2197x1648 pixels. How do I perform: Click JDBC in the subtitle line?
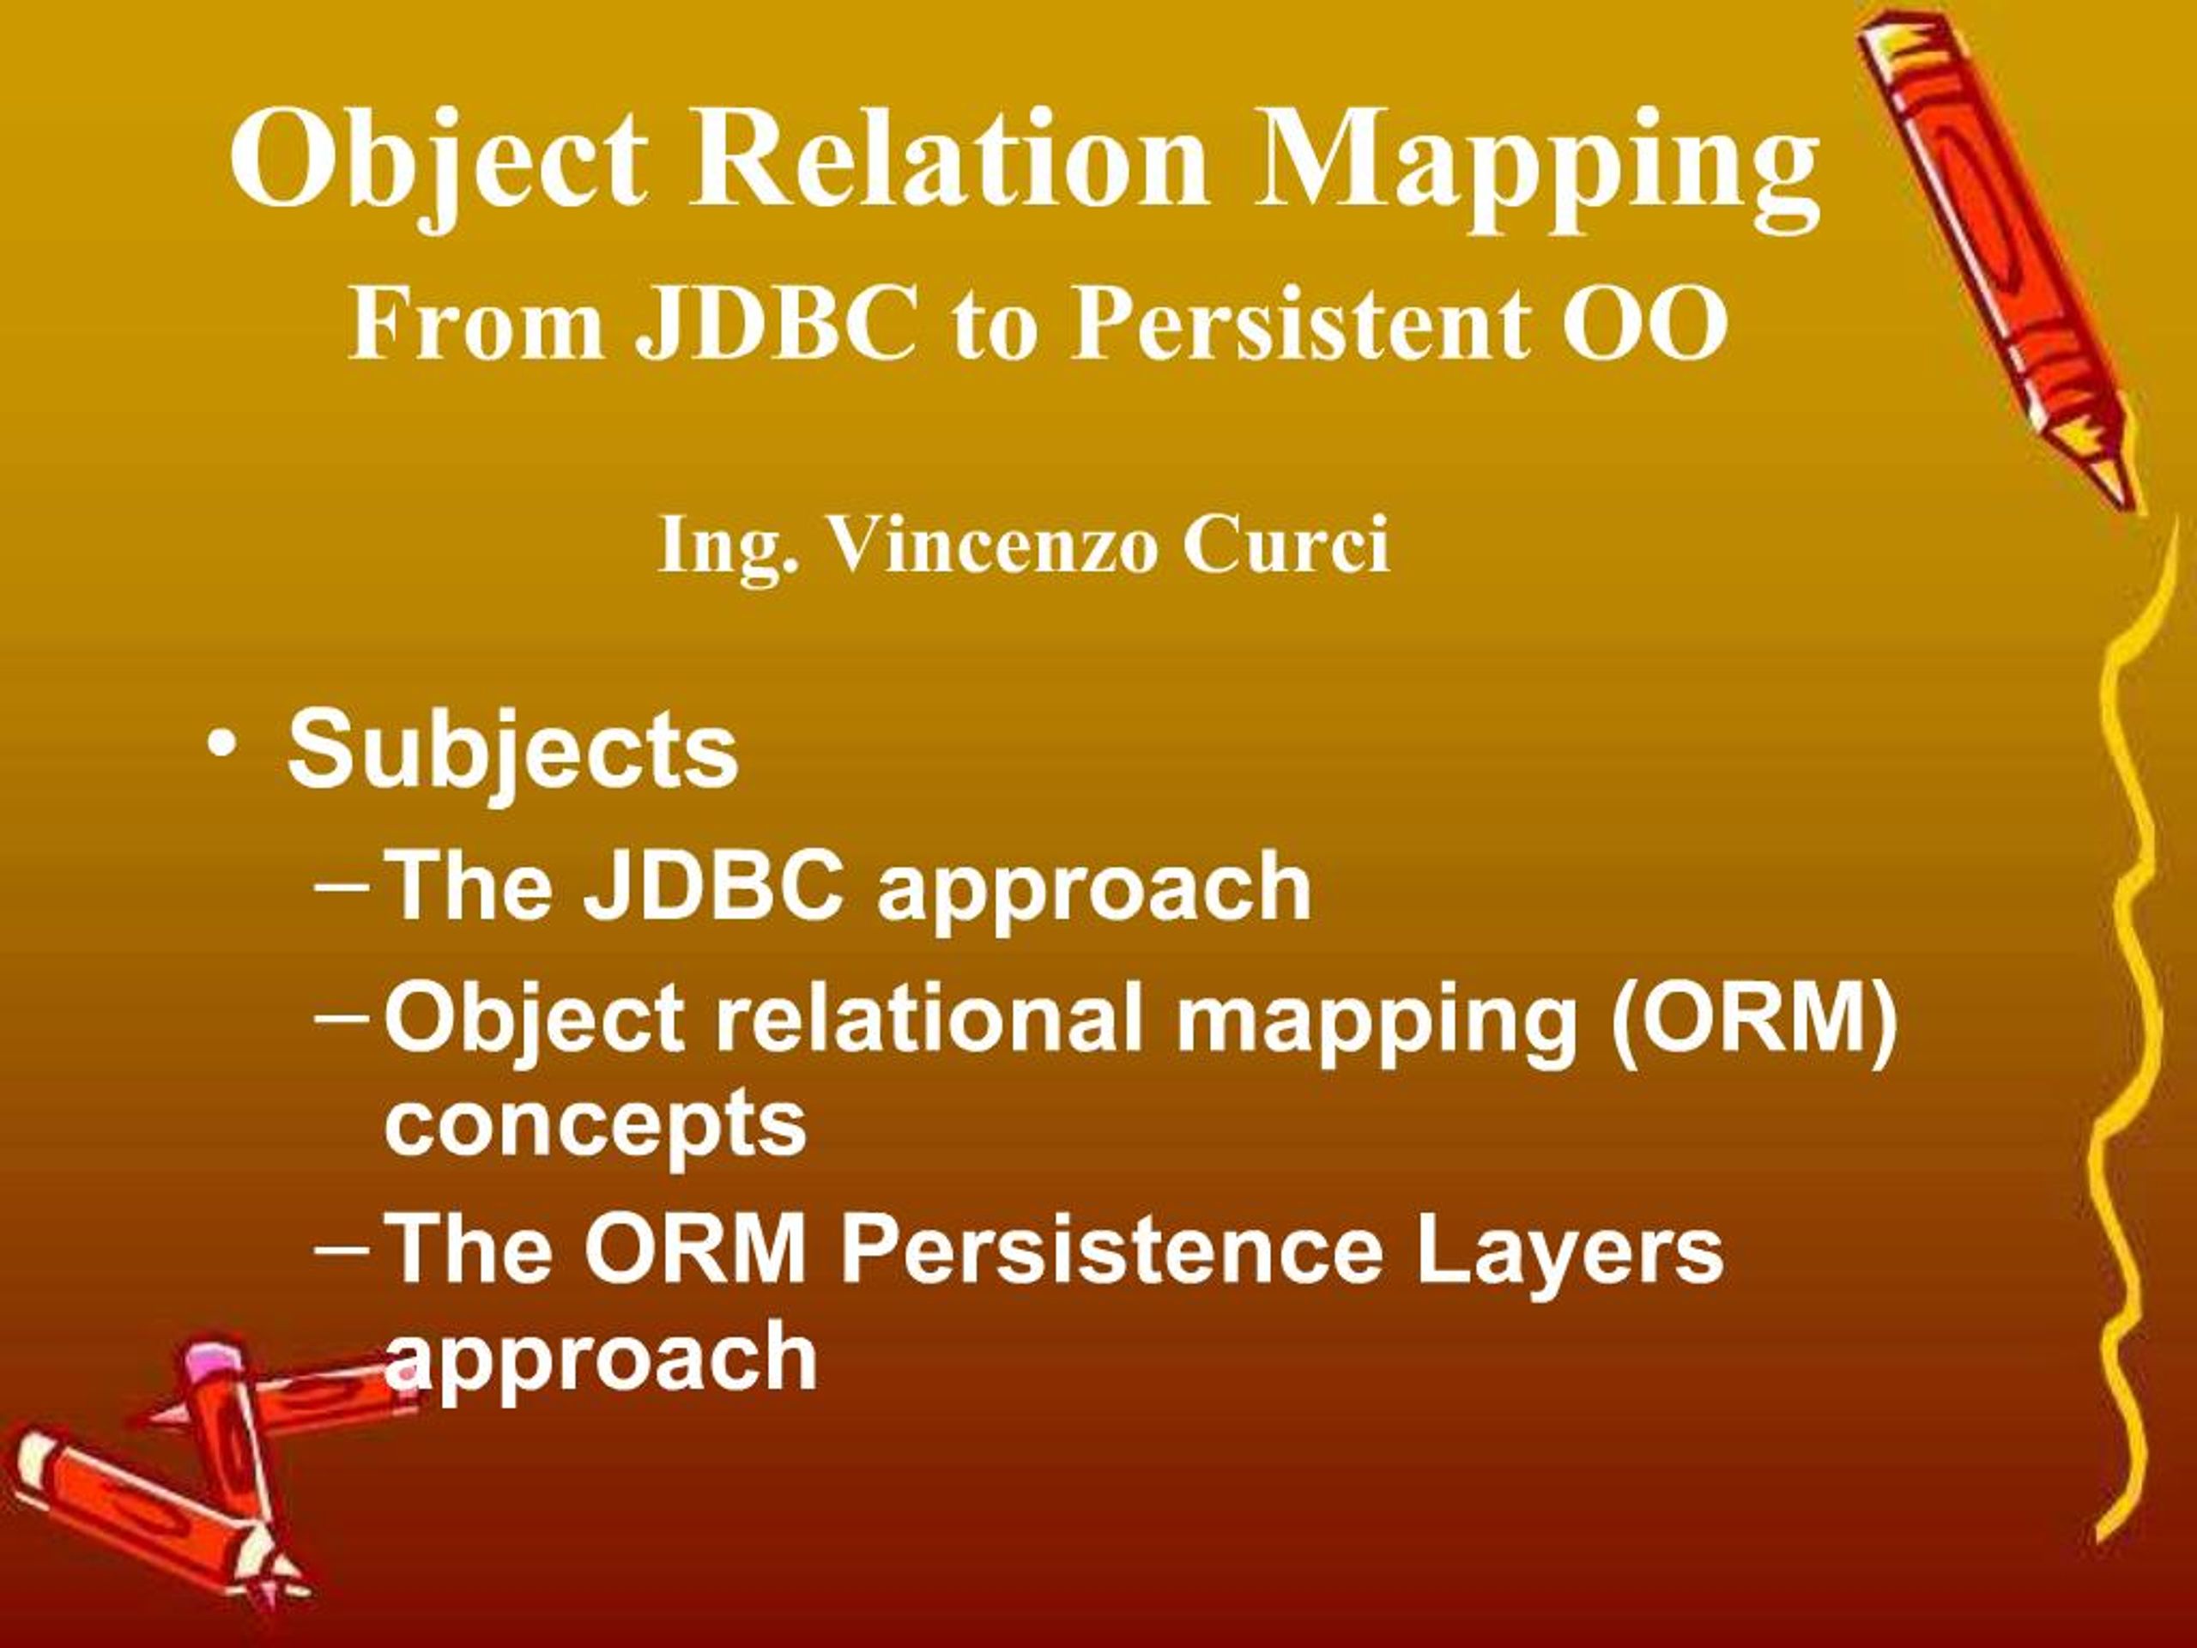click(x=776, y=323)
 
